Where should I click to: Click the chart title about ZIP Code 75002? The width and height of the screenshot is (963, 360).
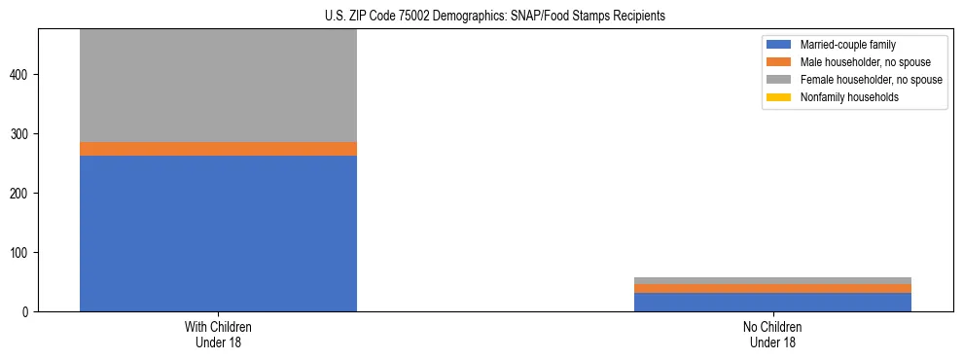tap(495, 16)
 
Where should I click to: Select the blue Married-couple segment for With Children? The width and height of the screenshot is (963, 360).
tap(218, 234)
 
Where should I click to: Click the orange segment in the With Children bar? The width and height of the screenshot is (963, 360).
tap(218, 149)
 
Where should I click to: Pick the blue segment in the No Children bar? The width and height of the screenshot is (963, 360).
tap(772, 302)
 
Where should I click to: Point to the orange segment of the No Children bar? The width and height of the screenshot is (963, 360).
tap(772, 288)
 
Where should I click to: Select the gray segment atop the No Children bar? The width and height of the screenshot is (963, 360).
tap(772, 280)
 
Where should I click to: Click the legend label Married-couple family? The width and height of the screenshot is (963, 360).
tap(847, 45)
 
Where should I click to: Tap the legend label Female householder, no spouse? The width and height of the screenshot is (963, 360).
tap(871, 80)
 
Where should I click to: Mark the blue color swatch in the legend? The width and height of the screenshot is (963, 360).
tap(779, 45)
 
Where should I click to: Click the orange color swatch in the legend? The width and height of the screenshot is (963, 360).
tap(779, 62)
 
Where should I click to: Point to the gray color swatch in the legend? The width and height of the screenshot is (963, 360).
tap(779, 80)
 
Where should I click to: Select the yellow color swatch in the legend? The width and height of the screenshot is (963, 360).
tap(779, 97)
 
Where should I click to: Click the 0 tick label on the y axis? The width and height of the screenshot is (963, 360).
tap(27, 312)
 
